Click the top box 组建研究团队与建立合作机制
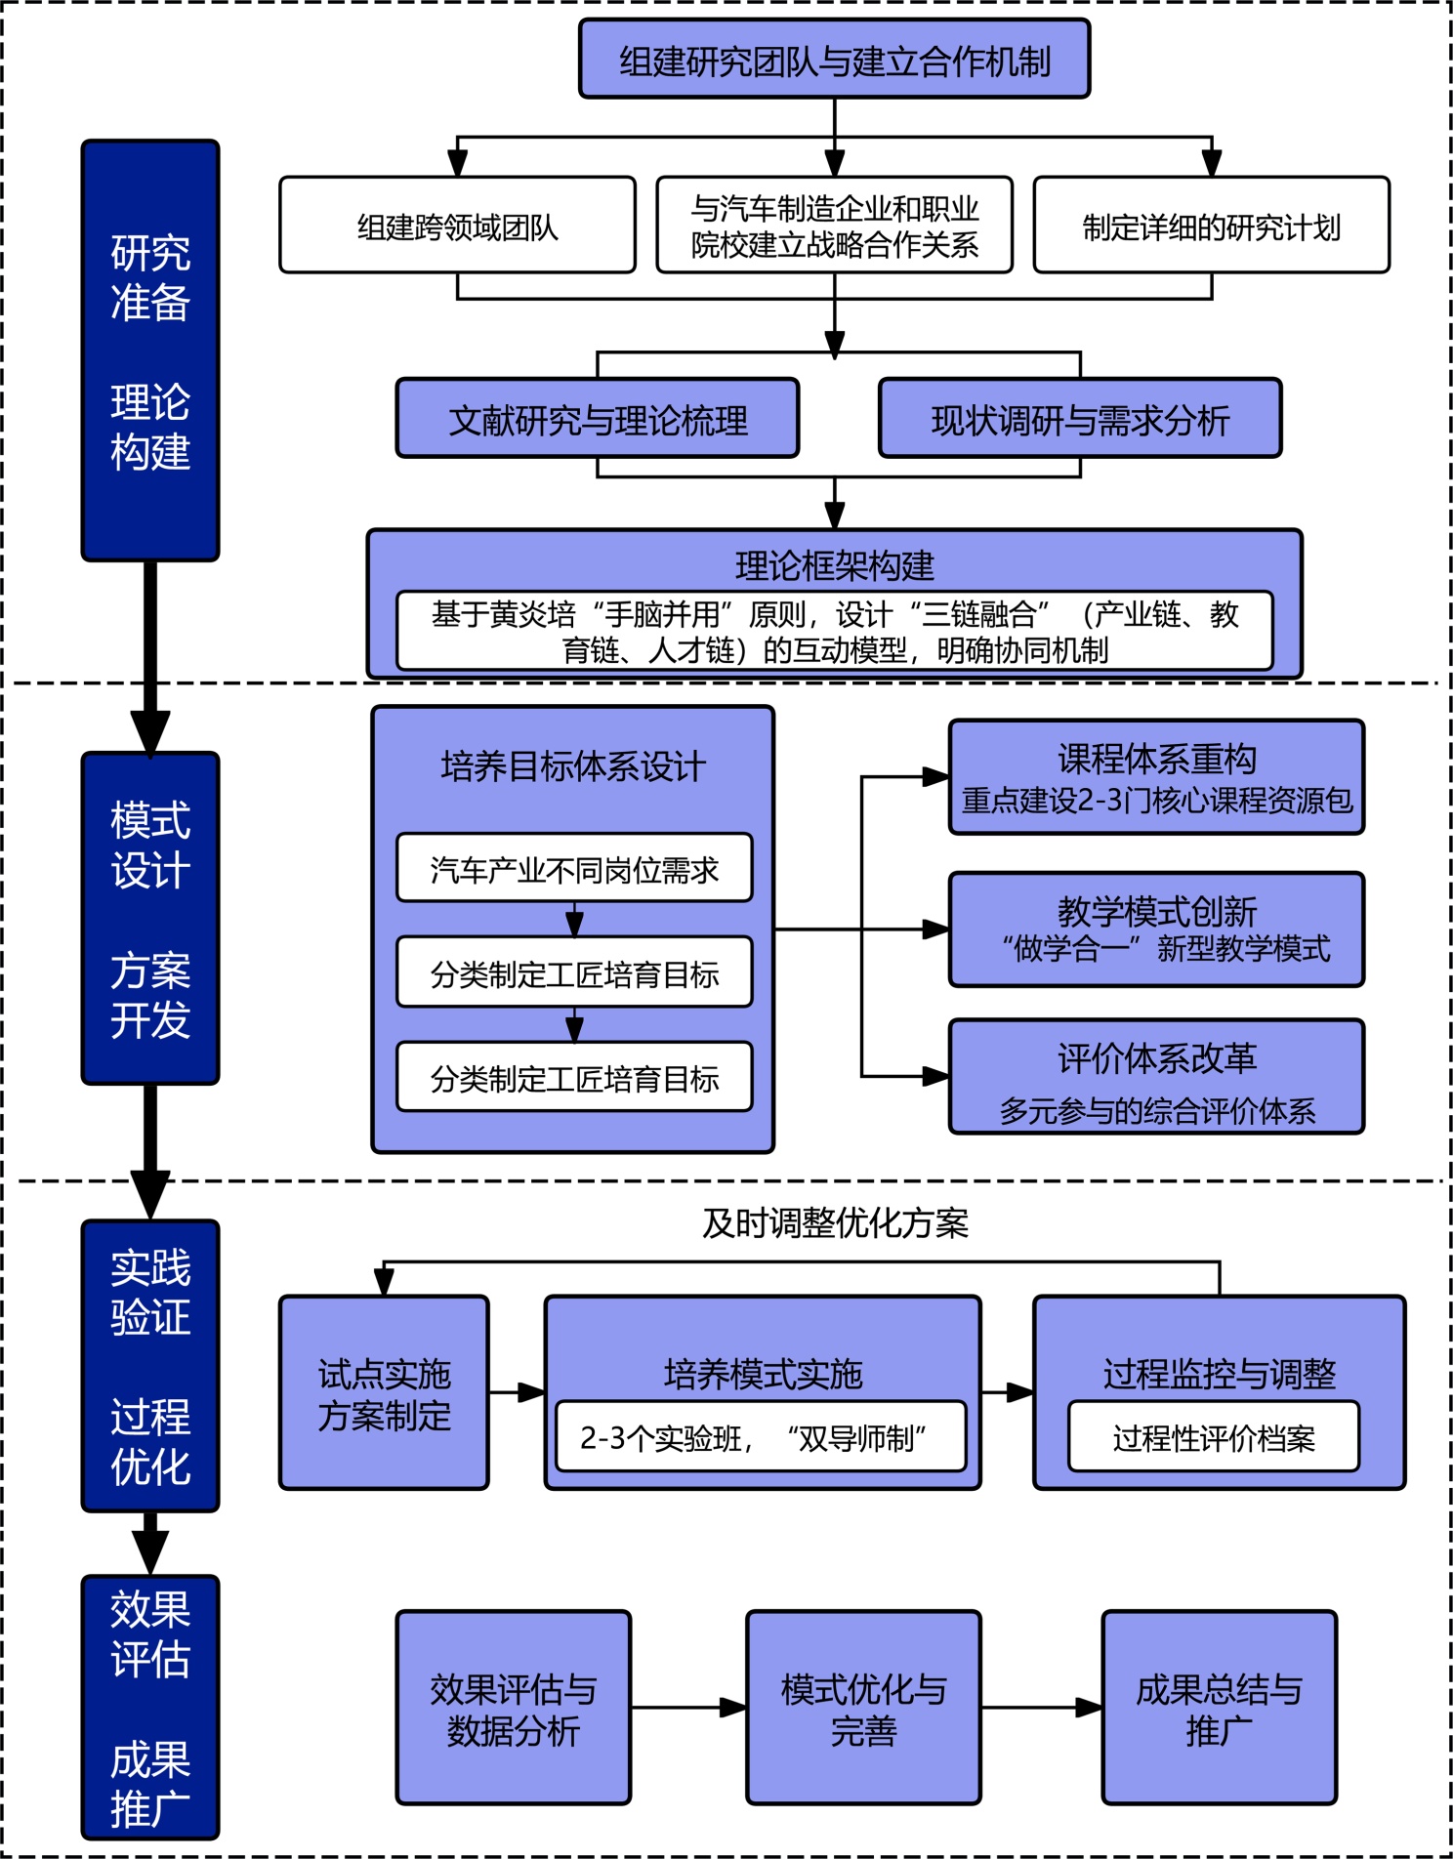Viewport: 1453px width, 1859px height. [834, 61]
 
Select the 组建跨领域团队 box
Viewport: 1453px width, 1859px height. [457, 227]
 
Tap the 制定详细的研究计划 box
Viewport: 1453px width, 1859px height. [1211, 227]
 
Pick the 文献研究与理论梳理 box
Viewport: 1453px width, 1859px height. [598, 420]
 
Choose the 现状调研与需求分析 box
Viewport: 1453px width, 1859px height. [1080, 420]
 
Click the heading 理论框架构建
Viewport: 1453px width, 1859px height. [834, 565]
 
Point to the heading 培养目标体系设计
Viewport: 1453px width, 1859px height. [572, 766]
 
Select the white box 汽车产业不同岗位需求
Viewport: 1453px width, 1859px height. [574, 869]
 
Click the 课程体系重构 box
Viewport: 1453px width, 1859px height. [1156, 778]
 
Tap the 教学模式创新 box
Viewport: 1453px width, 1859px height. [1156, 929]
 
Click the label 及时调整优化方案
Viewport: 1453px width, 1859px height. [835, 1222]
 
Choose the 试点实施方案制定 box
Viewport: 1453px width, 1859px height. [384, 1393]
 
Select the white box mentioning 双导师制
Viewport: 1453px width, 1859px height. [761, 1437]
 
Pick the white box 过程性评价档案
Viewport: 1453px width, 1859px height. [1214, 1437]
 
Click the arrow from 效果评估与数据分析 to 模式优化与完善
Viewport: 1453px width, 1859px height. [688, 1708]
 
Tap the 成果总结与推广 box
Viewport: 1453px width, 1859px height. [1219, 1709]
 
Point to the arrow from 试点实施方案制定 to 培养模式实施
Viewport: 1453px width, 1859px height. [517, 1392]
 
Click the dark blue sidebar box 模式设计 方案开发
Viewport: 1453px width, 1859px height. [150, 919]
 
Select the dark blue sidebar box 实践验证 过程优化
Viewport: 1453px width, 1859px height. [150, 1366]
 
